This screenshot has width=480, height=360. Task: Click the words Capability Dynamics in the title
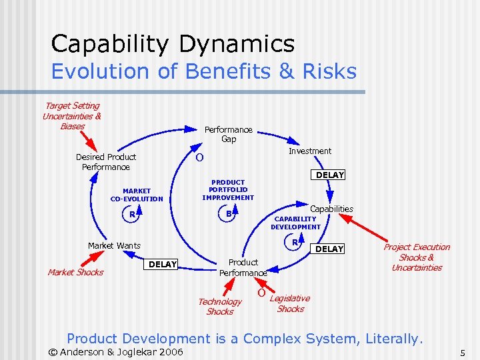click(x=173, y=44)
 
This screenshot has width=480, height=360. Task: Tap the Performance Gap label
click(x=228, y=134)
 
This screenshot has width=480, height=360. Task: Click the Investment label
click(x=309, y=151)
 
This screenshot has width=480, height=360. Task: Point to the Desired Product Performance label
click(x=105, y=162)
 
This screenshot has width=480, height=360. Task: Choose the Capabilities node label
click(x=331, y=209)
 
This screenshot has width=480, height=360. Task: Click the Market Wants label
click(x=114, y=246)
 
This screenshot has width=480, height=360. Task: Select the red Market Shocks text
click(x=75, y=272)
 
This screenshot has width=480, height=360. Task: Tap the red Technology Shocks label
click(x=219, y=307)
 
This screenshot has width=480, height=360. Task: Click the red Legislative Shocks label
click(x=289, y=303)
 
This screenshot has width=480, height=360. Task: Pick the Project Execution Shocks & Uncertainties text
click(x=417, y=257)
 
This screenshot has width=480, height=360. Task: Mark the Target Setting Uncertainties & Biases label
click(x=72, y=116)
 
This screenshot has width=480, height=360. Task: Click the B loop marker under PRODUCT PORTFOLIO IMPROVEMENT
click(x=228, y=214)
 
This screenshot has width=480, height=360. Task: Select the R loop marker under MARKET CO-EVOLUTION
click(x=132, y=215)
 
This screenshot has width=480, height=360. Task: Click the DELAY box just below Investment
click(x=329, y=175)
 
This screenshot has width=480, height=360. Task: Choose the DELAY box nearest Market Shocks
click(x=162, y=265)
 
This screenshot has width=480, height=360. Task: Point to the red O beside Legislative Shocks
click(x=261, y=293)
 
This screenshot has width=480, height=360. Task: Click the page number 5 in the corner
click(x=461, y=352)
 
